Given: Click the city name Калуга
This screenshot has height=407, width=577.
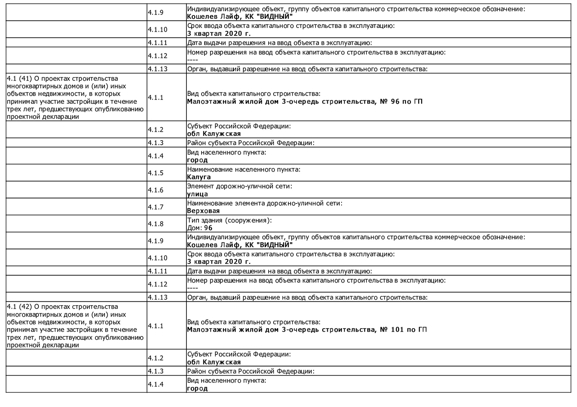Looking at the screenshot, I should click(x=199, y=177).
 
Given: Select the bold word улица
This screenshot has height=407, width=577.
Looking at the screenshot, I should click(x=197, y=194).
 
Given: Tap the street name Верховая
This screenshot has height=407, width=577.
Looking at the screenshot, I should click(x=203, y=211).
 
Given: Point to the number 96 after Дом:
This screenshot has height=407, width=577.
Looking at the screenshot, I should click(x=208, y=228).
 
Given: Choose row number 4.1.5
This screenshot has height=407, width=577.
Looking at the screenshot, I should click(x=155, y=173).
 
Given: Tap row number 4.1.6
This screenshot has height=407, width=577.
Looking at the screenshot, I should click(x=155, y=190).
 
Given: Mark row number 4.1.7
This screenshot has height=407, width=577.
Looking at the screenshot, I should click(x=155, y=207).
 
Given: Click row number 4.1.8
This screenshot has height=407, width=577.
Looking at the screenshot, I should click(x=155, y=224).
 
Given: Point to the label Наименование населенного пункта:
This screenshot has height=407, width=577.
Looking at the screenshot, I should click(x=244, y=169).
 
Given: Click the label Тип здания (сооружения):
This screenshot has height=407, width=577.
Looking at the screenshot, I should click(x=229, y=220).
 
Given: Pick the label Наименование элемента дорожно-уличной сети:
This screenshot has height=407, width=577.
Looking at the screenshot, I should click(x=265, y=203).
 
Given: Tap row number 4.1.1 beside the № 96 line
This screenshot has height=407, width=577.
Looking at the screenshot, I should click(x=155, y=98).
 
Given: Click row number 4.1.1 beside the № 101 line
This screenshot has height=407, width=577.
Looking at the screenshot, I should click(x=155, y=326).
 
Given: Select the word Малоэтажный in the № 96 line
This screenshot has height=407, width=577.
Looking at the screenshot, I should click(x=211, y=101).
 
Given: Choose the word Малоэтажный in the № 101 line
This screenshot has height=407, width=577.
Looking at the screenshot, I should click(x=211, y=330).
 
